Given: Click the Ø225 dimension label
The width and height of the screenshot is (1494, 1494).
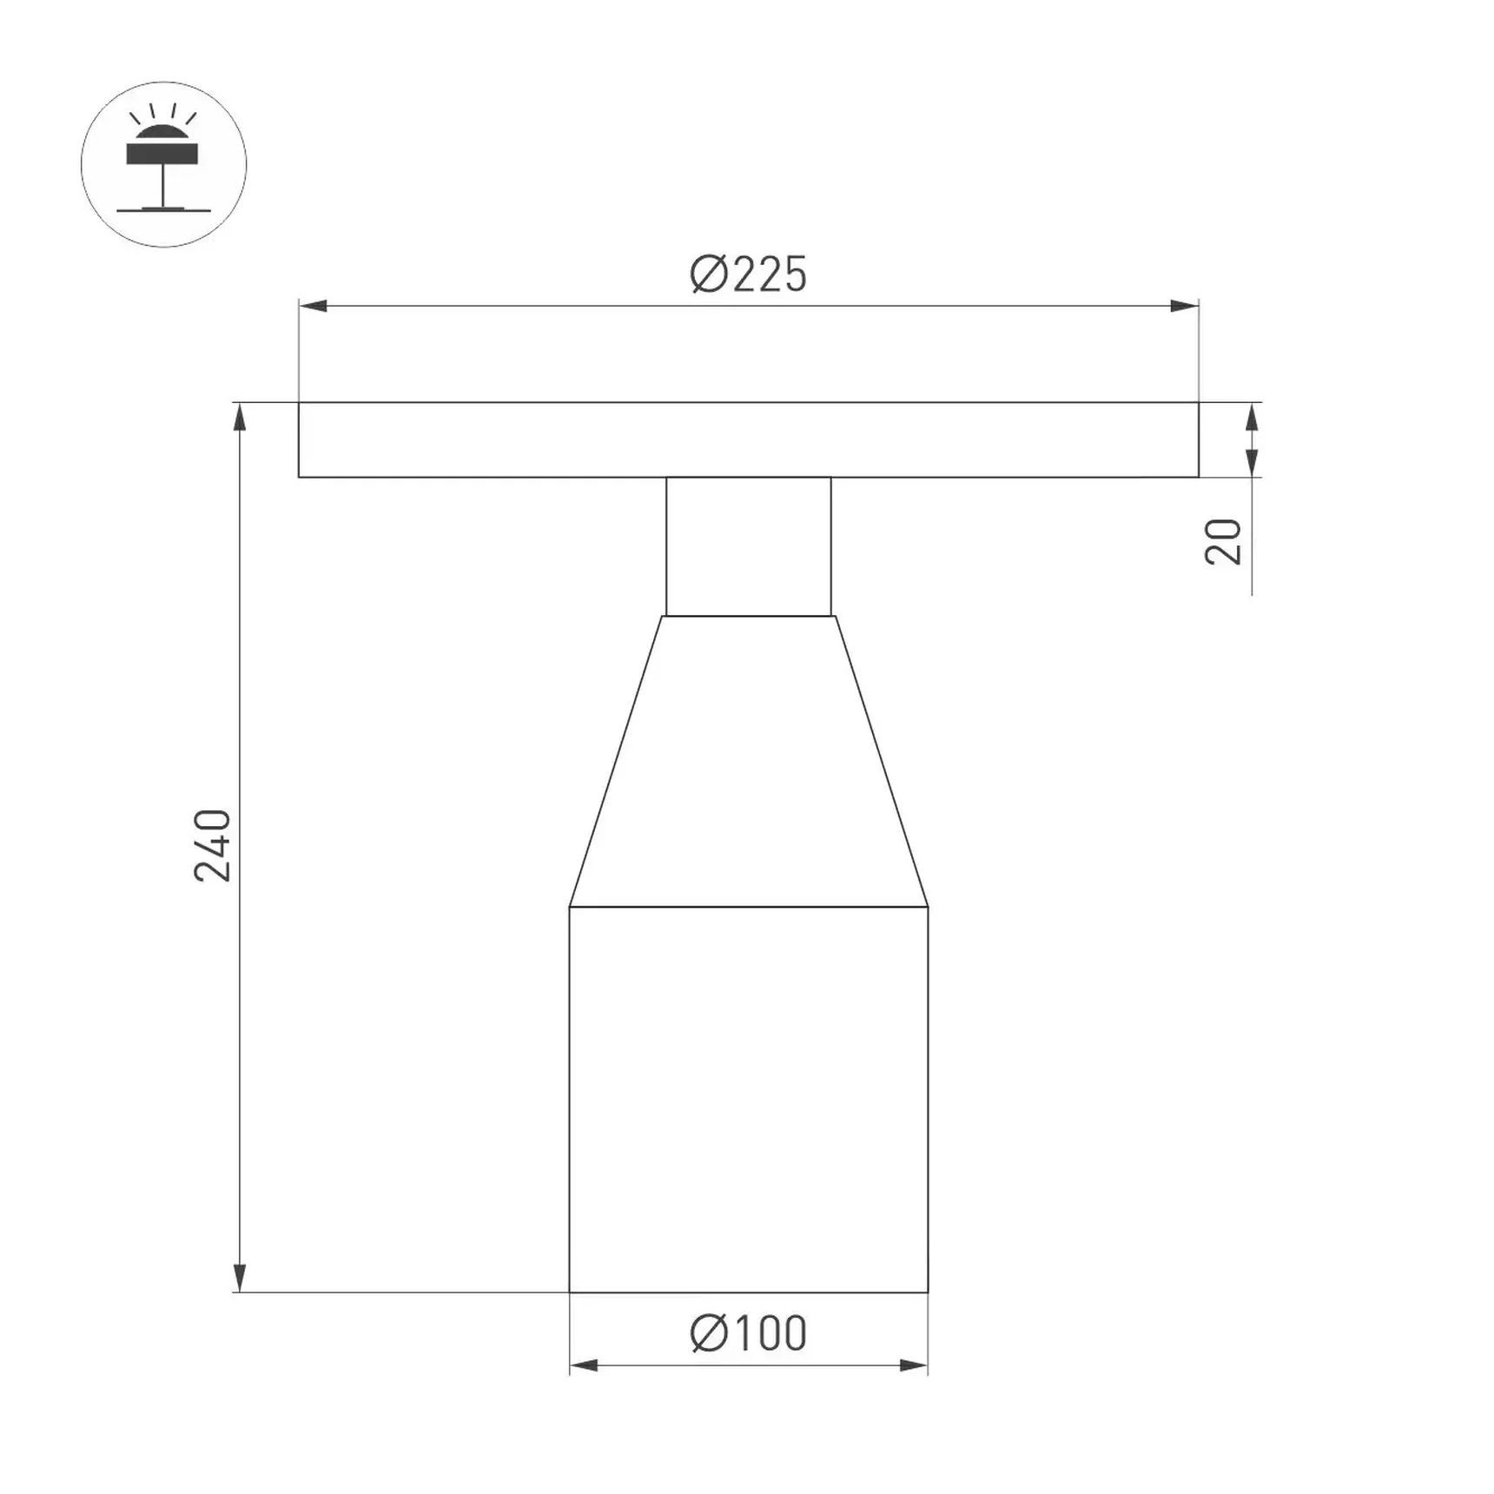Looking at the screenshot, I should [748, 274].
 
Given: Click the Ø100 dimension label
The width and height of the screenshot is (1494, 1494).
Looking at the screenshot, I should [748, 1333].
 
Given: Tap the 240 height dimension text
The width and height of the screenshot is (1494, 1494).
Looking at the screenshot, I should [213, 845].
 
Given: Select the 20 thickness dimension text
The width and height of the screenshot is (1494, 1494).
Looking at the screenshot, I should [1224, 542].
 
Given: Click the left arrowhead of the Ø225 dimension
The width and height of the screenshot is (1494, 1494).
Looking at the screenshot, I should [313, 306].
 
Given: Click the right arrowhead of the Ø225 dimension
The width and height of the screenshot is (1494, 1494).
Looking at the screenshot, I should [1185, 306].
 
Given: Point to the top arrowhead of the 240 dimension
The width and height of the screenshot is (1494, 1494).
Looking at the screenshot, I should [240, 417].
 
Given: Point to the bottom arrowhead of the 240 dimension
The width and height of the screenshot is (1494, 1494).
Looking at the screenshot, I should [240, 1278].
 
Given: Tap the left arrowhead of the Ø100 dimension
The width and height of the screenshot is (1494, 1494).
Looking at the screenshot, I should [584, 1365].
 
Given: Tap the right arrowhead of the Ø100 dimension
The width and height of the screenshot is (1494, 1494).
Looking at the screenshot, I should [914, 1365].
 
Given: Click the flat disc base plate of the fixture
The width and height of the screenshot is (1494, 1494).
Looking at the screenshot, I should [748, 440].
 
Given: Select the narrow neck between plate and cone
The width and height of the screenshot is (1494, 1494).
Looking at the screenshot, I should [748, 546].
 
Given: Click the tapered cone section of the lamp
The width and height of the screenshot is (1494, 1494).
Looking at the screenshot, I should [748, 764].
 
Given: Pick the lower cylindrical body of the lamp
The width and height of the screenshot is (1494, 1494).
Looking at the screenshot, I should [748, 1099].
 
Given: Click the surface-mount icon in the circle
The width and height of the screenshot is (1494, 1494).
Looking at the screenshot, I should [163, 164].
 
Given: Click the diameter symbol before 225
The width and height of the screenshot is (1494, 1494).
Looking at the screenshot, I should [708, 274].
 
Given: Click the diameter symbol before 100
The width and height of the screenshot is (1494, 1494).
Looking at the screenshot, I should [708, 1333].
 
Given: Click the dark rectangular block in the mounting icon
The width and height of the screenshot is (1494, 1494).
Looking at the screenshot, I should [162, 154].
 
